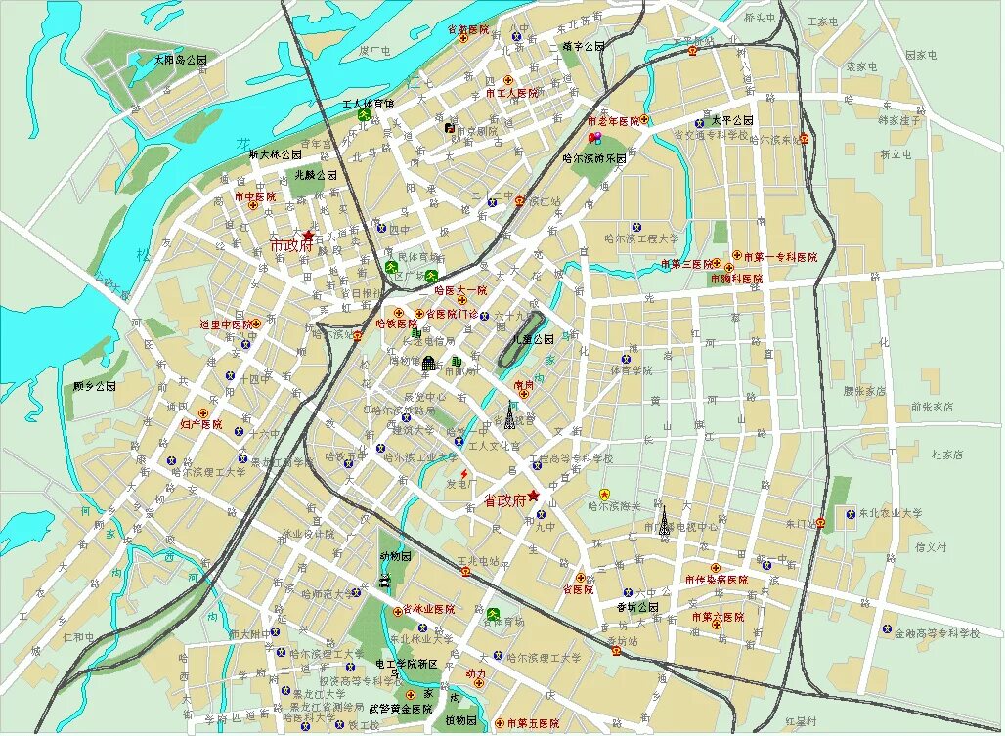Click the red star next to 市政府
(309, 236)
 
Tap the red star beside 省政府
(534, 496)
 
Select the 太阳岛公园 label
(181, 60)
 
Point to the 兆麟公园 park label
(316, 175)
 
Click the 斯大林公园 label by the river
(278, 154)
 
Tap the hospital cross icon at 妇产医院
(203, 412)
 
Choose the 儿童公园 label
(534, 339)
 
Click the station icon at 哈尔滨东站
(804, 139)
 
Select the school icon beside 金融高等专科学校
(886, 628)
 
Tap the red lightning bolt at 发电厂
(463, 473)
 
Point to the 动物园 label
(395, 555)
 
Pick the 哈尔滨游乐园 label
(594, 156)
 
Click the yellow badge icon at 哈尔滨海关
(604, 494)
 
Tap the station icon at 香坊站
(615, 649)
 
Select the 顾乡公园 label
(95, 387)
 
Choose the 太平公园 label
(729, 120)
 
